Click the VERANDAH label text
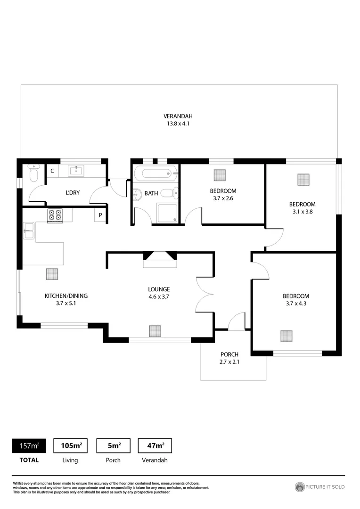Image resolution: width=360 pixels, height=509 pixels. pos(178,116)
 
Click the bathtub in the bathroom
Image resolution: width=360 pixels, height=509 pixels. pos(155,173)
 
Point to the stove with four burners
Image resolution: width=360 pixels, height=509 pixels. pos(55,215)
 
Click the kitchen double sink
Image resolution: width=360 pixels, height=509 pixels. pos(28,230)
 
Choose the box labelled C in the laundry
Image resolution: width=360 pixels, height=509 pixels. pos(52,171)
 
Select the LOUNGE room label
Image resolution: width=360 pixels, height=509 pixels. pos(159,289)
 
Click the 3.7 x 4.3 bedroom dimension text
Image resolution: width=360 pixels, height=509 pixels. pos(296,304)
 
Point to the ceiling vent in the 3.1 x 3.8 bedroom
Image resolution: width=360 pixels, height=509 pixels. pos(304,180)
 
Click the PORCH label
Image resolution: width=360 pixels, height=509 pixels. pos(229,354)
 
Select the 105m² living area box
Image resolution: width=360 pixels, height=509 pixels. pos(71,445)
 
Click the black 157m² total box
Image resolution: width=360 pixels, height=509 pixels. pos(29,445)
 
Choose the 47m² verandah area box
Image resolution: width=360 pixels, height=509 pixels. pos(155,445)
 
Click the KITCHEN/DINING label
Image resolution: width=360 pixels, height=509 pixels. pos(66,296)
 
